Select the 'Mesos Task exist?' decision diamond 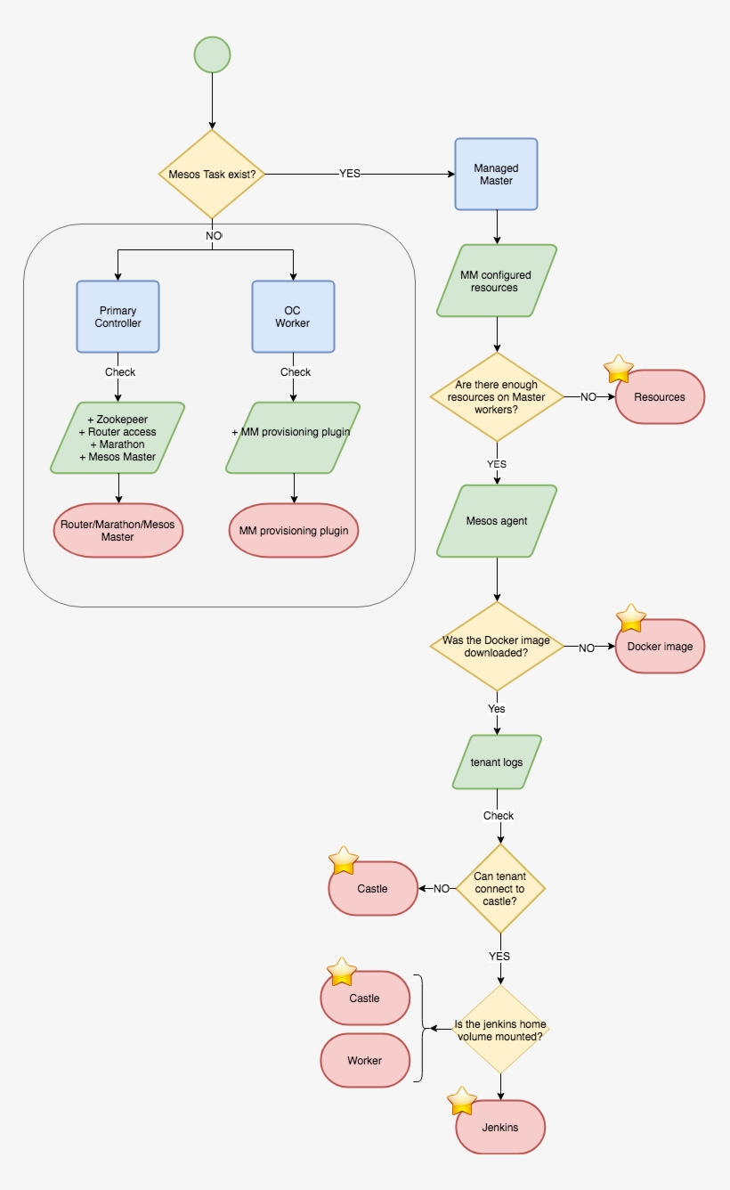tap(212, 174)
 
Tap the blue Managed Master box tap(496, 174)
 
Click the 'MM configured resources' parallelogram tap(496, 281)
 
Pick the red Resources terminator tap(660, 396)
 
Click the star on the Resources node tap(619, 369)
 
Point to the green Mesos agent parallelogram tap(496, 521)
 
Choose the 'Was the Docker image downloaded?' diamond tap(496, 646)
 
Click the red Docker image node tap(660, 646)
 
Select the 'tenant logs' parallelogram tap(496, 762)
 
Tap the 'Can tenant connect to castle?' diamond tap(499, 888)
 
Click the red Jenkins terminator tap(499, 1128)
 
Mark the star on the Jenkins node tap(461, 1102)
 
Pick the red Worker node tap(364, 1060)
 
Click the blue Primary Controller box tap(118, 316)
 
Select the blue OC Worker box tap(293, 316)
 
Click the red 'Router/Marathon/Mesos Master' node tap(118, 531)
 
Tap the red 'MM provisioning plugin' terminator tap(293, 531)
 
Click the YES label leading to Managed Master tap(350, 174)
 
